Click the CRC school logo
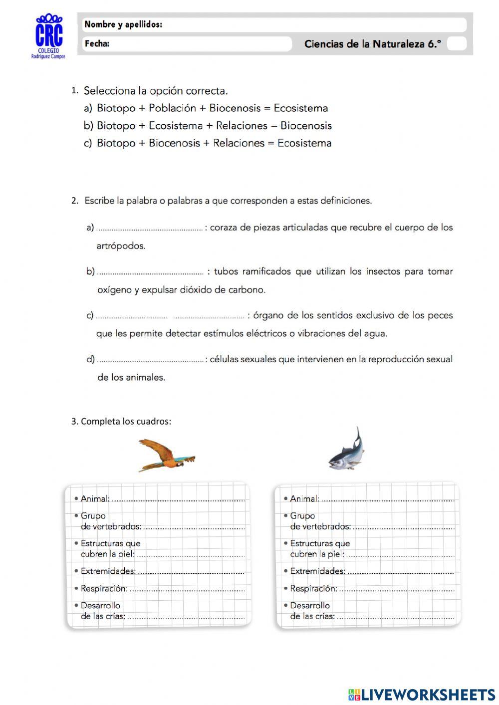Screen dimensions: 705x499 [49, 36]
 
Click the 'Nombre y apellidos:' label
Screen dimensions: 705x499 [123, 24]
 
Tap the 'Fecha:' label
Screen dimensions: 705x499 [97, 44]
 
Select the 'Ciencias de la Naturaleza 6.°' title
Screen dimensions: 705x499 [372, 44]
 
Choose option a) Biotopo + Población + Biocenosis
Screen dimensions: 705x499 [206, 108]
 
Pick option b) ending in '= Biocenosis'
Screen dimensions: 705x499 [208, 126]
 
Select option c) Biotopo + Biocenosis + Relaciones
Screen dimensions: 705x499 [208, 143]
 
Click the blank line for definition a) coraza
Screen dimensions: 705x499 [150, 229]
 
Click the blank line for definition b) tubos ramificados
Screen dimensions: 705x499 [150, 272]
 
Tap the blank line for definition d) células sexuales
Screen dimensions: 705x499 [150, 360]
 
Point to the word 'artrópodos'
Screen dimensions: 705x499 [121, 246]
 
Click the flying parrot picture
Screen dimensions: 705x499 [166, 455]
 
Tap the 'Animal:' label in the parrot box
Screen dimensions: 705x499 [95, 498]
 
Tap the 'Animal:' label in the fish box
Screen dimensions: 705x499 [304, 498]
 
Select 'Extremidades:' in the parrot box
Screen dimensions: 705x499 [108, 571]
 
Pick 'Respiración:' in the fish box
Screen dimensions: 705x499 [313, 589]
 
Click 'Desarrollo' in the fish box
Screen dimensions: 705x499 [310, 606]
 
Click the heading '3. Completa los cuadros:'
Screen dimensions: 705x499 [121, 422]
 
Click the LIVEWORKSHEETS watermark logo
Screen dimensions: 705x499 [422, 695]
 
